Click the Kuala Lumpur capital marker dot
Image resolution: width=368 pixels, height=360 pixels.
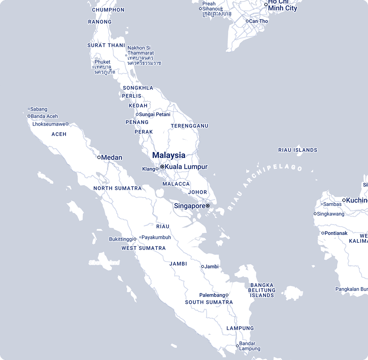coord(162,167)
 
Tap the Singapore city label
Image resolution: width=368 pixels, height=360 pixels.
coord(189,206)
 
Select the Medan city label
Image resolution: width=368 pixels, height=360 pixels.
coord(112,158)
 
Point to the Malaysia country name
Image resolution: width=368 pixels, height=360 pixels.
coord(169,155)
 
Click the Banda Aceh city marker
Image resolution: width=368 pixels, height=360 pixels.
coord(29,116)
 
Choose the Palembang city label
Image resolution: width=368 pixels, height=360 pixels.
coord(212,295)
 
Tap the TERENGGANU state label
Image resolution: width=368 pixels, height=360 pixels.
coord(189,126)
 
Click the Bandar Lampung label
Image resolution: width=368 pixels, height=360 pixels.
coord(250,346)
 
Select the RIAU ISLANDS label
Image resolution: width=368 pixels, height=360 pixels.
coord(297,150)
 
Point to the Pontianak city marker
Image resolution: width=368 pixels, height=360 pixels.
coord(322,233)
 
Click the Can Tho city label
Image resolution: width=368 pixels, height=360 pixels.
coord(258,21)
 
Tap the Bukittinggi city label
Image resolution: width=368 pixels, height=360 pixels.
coord(121,239)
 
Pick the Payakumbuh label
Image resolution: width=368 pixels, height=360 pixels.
coord(156,238)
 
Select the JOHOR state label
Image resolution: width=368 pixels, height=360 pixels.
coord(197,192)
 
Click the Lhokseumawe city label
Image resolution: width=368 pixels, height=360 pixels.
coord(49,124)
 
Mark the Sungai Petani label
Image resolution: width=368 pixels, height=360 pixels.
coord(154,114)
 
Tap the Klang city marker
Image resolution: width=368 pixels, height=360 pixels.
coord(157,169)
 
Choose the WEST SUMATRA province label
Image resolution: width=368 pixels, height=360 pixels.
coord(143,248)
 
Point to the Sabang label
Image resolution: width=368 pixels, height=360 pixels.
coord(39,109)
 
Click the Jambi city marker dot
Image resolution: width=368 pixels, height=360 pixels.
coord(202,267)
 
